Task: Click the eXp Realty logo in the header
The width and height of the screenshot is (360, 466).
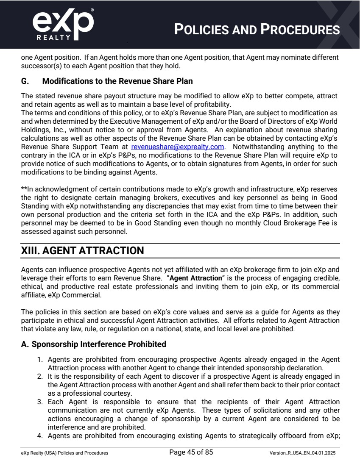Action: point(63,25)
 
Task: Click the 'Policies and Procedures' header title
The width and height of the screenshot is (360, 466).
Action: point(257,30)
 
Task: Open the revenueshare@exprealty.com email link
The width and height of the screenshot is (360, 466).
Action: point(177,147)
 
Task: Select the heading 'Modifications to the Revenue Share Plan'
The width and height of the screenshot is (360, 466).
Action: point(117,81)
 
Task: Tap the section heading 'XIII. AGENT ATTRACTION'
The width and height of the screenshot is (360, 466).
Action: point(83,250)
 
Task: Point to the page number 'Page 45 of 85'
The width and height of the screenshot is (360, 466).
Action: point(191,452)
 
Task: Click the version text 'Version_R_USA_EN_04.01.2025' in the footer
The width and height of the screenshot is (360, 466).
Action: point(302,453)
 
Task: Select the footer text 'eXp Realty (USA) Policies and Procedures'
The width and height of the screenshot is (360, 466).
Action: point(64,453)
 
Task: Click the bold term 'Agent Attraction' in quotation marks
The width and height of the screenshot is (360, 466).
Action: point(195,278)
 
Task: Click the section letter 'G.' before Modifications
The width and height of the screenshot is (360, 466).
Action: point(25,81)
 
